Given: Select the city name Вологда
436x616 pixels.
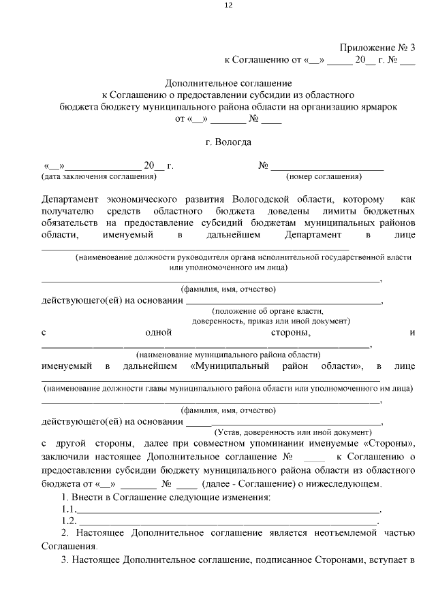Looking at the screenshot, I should tap(236, 142).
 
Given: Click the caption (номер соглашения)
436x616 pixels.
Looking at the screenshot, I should tap(324, 176).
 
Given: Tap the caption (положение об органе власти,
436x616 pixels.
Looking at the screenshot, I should tap(283, 310).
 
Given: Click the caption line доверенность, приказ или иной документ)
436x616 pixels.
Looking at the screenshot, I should tap(271, 320).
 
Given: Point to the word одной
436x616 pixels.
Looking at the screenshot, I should tap(158, 333).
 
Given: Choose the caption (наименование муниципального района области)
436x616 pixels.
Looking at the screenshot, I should tap(228, 355).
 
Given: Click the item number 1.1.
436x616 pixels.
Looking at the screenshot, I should tap(69, 509).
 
